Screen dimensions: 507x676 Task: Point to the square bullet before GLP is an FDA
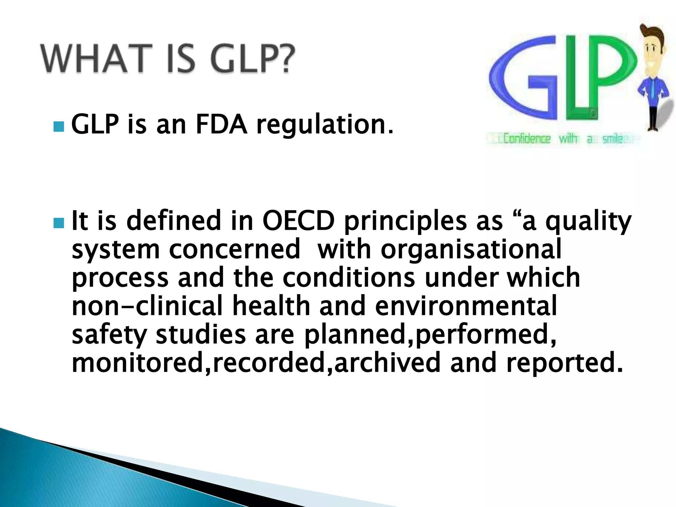(58, 126)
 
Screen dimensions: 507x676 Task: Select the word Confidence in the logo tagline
(527, 139)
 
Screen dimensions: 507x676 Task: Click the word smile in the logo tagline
(613, 139)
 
